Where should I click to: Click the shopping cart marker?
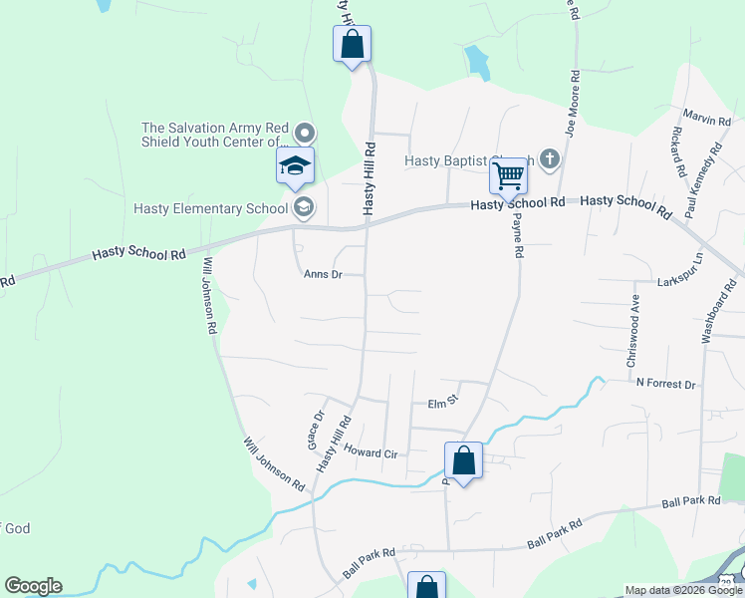(509, 177)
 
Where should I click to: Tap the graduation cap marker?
(296, 165)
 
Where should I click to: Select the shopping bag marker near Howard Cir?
(463, 460)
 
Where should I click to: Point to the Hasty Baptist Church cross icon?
(550, 158)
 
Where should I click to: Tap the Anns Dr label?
(323, 274)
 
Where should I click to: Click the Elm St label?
(441, 404)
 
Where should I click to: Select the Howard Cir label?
(371, 452)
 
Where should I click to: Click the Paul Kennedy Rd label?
(702, 179)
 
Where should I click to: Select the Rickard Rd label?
(677, 149)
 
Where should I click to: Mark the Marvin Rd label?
(707, 120)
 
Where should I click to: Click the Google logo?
(33, 586)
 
